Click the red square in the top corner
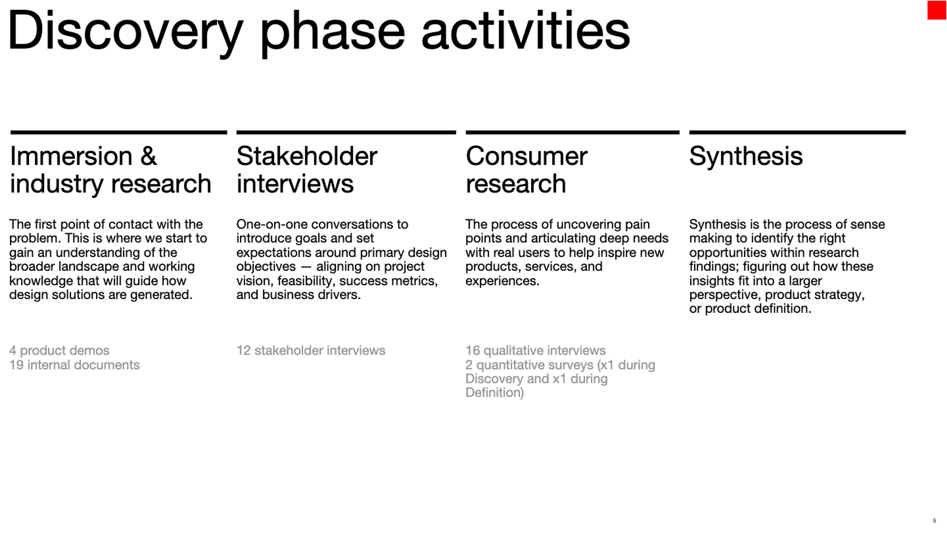tap(937, 10)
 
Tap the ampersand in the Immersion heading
tap(148, 156)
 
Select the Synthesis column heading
tap(746, 156)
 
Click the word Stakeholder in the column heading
tap(307, 156)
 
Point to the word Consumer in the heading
tap(526, 156)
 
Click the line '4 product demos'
tap(59, 350)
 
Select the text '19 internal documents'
tap(74, 365)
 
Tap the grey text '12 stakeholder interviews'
tap(311, 350)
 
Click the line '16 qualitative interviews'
tap(536, 350)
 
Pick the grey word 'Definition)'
tap(495, 393)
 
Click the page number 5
tap(935, 521)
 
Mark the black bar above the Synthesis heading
tap(797, 132)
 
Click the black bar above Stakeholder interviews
tap(346, 132)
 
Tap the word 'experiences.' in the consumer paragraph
tap(502, 281)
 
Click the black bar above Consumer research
tap(572, 132)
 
